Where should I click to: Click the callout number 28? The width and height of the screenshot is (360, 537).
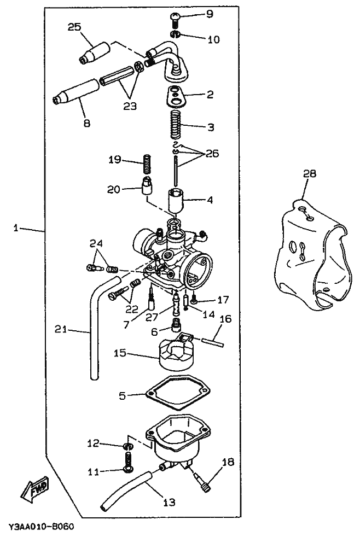tap(309, 174)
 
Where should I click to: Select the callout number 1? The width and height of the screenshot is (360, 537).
tap(16, 228)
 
